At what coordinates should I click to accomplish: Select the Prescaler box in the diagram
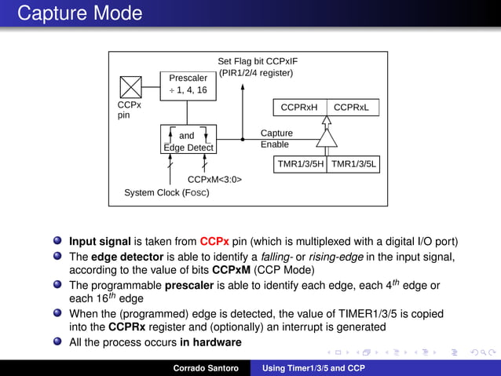point(188,84)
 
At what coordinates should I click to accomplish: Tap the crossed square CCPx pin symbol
point(130,87)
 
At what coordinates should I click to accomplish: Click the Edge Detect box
point(188,141)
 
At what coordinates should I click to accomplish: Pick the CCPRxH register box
point(299,107)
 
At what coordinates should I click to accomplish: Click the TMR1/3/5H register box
point(300,164)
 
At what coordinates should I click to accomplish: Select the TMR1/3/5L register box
point(353,164)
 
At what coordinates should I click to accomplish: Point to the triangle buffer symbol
point(326,139)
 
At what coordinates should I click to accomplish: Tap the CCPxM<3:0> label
point(214,180)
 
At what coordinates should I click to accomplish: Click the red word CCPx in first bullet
point(214,242)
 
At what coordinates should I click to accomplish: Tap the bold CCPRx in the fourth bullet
point(126,327)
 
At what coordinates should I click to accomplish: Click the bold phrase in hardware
point(210,342)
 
